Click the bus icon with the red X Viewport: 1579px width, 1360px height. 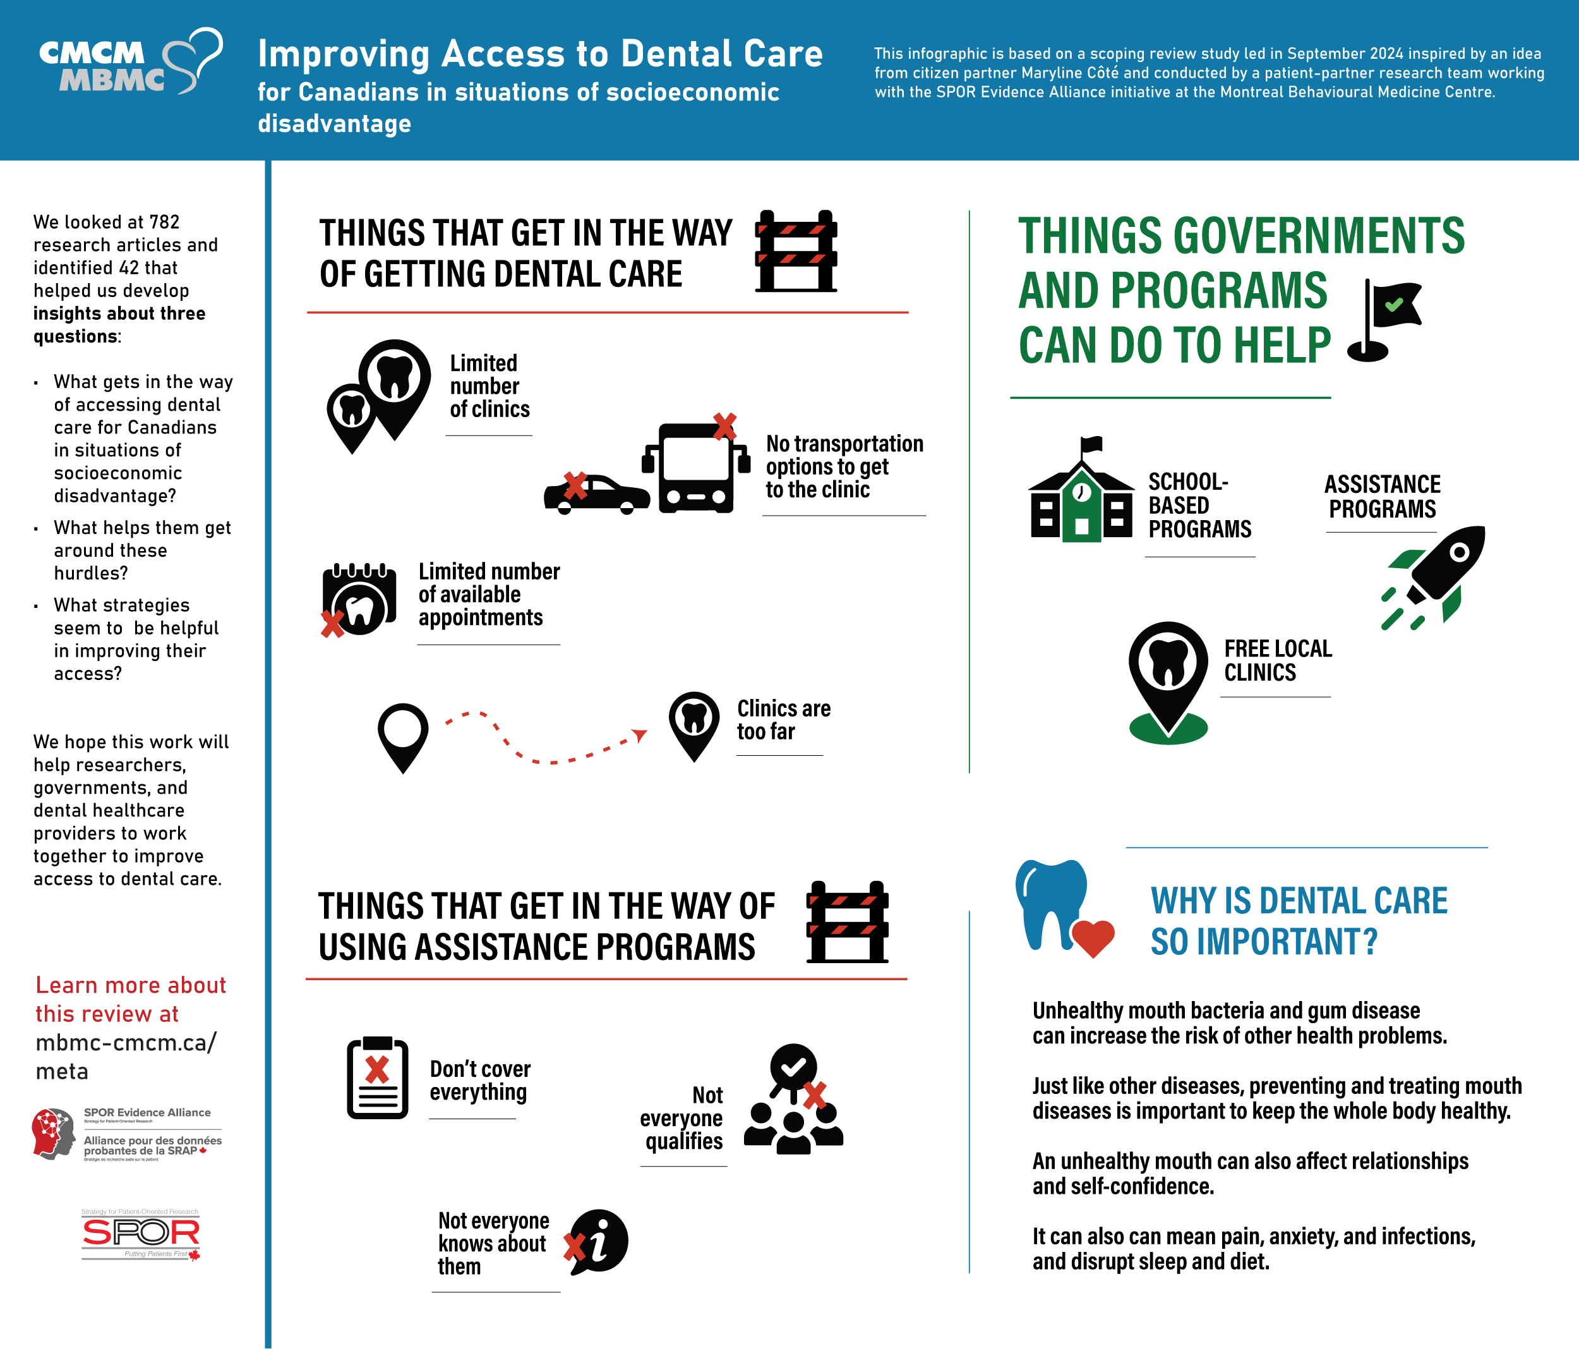(695, 466)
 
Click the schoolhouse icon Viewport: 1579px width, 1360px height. (1081, 495)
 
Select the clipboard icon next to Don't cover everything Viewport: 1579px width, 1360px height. (377, 1078)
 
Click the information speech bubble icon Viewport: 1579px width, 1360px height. (599, 1241)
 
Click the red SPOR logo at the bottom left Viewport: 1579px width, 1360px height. (140, 1233)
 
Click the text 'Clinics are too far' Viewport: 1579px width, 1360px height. (783, 720)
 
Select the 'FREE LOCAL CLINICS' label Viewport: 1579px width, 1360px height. (1277, 660)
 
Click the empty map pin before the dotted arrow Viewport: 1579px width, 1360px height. (402, 735)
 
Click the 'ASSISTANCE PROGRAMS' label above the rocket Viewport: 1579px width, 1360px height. (1382, 496)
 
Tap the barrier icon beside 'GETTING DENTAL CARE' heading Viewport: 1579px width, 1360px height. (796, 252)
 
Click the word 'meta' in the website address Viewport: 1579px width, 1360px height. (62, 1072)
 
